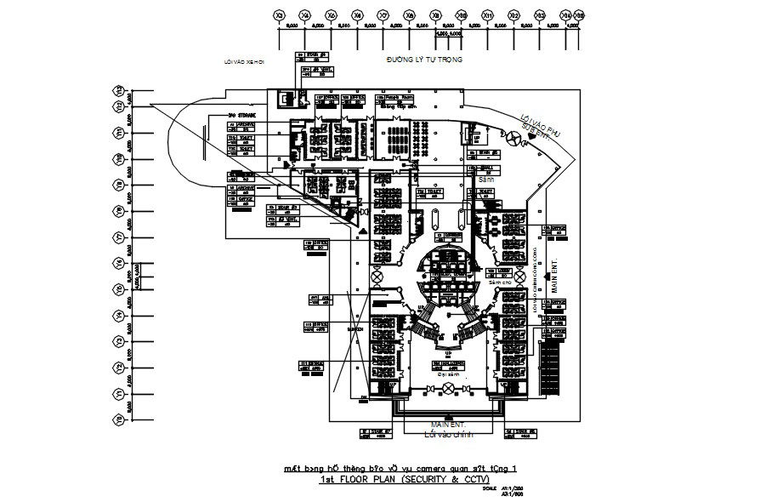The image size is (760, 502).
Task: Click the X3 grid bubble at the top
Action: [278, 16]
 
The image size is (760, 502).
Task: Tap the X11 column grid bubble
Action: [488, 16]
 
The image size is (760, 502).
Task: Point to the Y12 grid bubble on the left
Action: [119, 106]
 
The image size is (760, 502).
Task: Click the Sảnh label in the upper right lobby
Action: [486, 180]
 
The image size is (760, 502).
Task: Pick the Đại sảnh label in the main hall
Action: [447, 373]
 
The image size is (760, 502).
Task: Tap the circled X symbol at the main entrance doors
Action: [447, 389]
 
